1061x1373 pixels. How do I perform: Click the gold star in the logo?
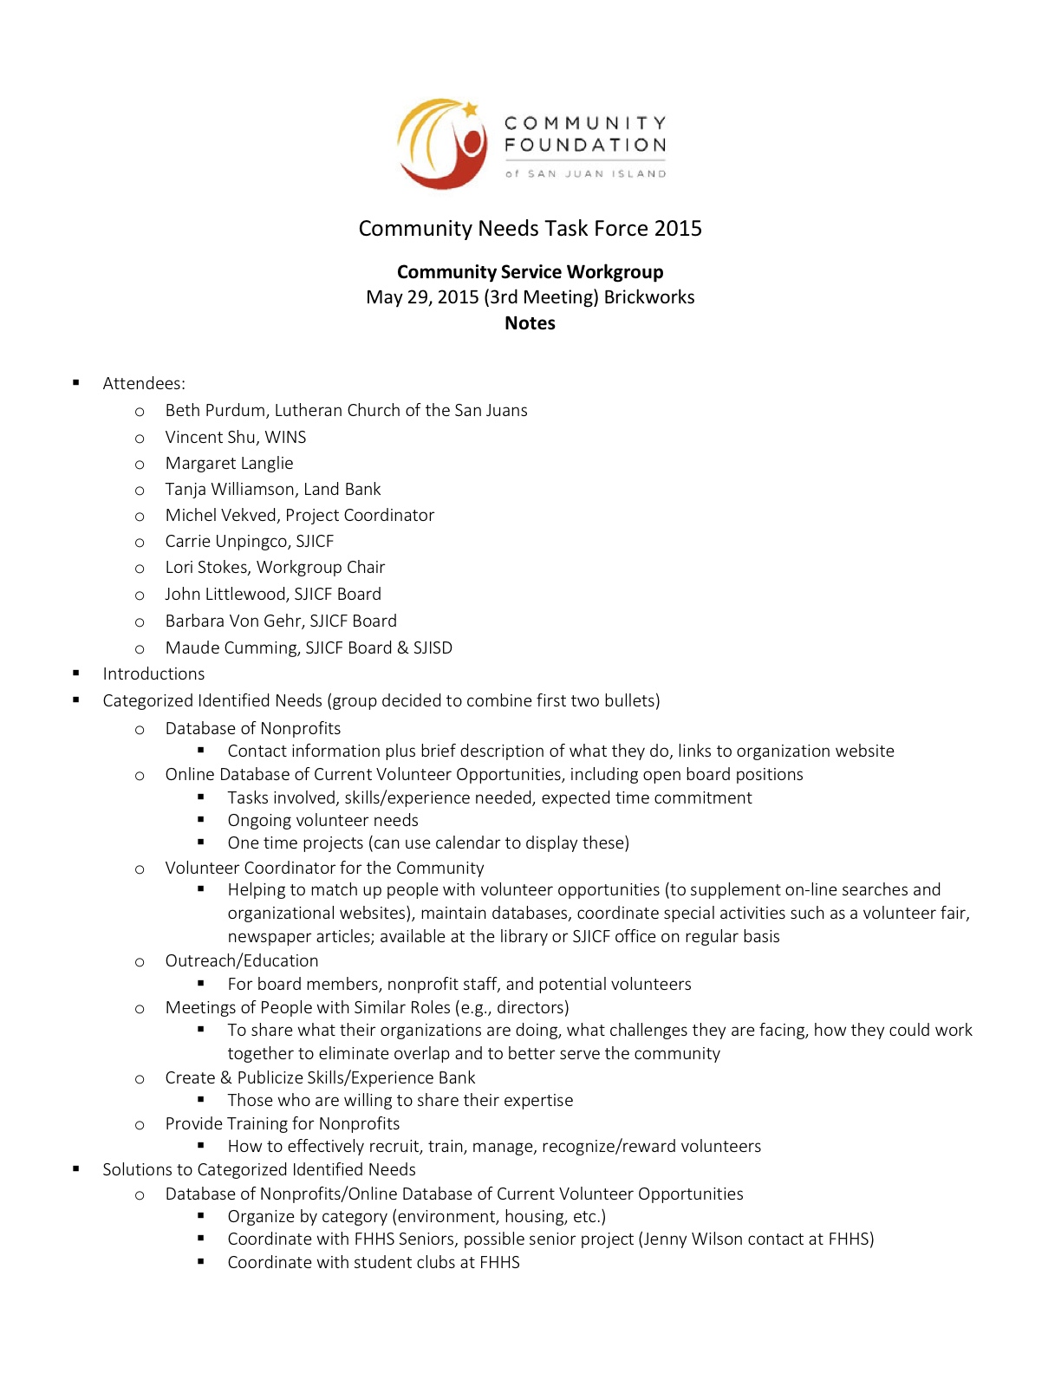471,109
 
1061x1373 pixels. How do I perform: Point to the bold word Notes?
530,323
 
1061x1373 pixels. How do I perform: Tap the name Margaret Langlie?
229,464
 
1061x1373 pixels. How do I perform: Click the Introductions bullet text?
153,674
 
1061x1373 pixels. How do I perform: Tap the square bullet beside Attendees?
76,382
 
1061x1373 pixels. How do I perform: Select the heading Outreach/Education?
242,961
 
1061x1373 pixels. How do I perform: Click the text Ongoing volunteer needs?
322,821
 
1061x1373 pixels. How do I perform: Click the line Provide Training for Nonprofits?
283,1124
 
